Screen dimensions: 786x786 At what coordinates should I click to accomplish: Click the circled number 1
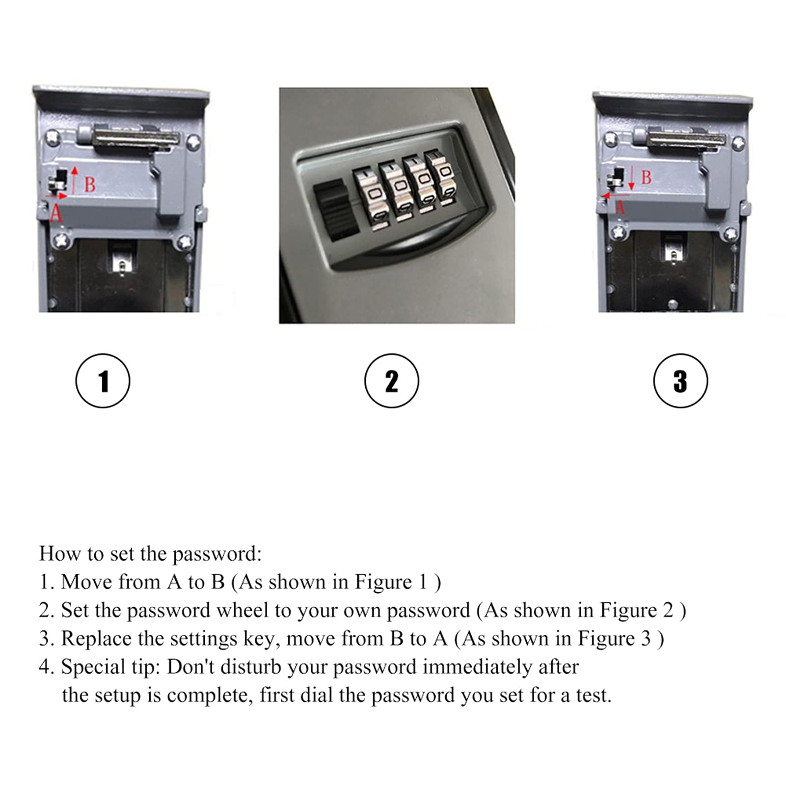pos(103,381)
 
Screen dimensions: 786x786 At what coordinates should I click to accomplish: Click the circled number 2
pos(391,381)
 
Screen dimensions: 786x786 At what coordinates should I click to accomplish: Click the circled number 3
pos(680,381)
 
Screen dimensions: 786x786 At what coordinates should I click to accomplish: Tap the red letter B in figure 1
pos(90,185)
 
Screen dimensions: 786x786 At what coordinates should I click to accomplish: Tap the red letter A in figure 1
pos(56,213)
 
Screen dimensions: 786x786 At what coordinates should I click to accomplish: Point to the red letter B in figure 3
pos(646,177)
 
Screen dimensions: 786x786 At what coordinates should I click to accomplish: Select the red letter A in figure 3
pos(620,208)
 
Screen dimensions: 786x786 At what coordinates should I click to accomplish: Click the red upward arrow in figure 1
pos(75,180)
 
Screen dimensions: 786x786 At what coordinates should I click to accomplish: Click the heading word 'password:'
pos(217,554)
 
